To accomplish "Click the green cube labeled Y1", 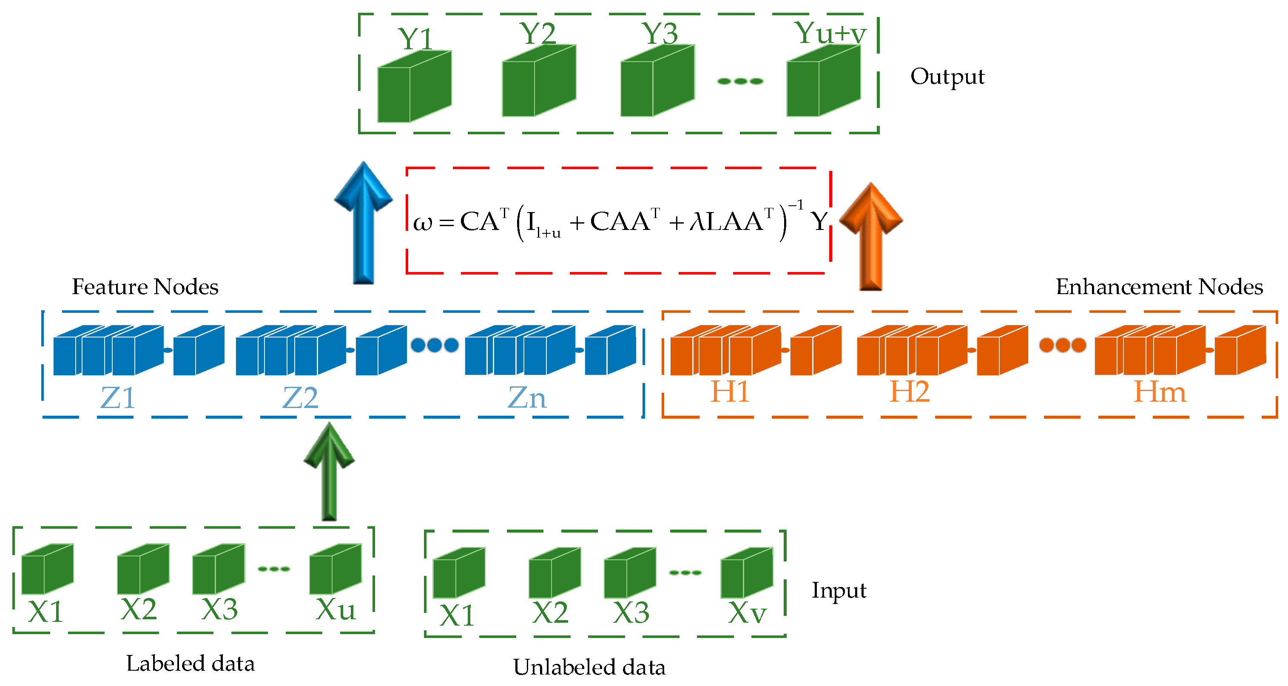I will coord(414,88).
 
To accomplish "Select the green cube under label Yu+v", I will coord(823,82).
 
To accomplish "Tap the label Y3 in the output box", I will coord(660,34).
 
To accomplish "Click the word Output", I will coord(947,77).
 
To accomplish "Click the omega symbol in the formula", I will coord(423,223).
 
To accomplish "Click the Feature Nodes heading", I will coord(145,287).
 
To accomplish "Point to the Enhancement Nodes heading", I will coord(1159,287).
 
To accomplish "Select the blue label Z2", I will coord(300,398).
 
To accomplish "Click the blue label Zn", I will coord(527,398).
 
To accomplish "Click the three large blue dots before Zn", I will coord(435,345).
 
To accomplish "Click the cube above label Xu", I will coord(335,570).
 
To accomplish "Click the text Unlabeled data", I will coord(589,667).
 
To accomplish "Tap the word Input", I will coord(839,590).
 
